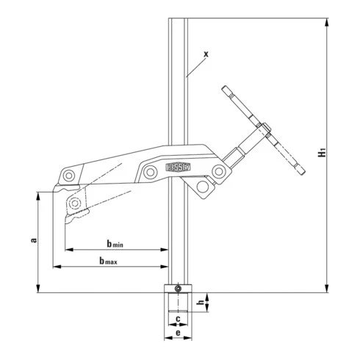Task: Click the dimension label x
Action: [x=206, y=54]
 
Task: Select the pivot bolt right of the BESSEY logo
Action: [x=218, y=171]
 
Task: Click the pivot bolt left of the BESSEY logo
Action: [x=150, y=172]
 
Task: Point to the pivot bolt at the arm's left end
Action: [x=68, y=176]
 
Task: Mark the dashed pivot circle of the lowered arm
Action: [x=75, y=203]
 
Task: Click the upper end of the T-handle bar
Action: [x=223, y=90]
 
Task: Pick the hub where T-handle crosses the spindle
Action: [x=262, y=133]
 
